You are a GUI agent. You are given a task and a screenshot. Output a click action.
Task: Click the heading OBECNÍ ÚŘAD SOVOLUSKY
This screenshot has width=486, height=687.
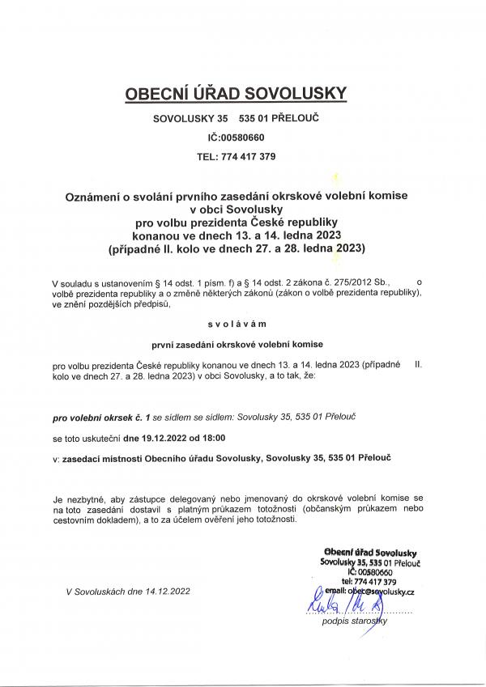click(235, 94)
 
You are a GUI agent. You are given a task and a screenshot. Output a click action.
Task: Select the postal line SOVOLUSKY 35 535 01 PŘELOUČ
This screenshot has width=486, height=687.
click(235, 121)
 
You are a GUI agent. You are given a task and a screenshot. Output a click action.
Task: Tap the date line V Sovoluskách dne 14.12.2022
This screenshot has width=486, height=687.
click(129, 592)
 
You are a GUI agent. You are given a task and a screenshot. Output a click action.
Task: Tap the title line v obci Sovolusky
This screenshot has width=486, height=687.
click(236, 209)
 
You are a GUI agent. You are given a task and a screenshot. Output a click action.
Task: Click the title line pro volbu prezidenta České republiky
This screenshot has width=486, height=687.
click(236, 222)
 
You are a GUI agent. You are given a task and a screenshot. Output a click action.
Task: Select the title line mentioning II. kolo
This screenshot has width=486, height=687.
click(236, 248)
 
